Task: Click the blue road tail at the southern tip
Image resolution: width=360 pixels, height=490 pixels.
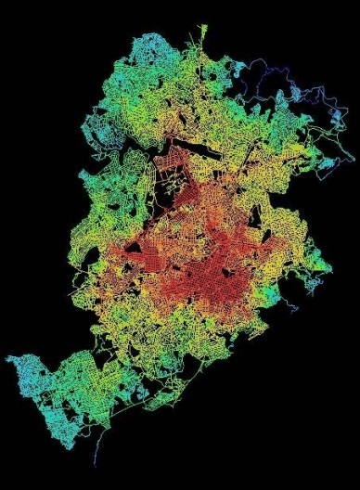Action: (x=96, y=458)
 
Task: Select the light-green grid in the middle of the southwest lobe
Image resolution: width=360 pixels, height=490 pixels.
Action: (x=65, y=390)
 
